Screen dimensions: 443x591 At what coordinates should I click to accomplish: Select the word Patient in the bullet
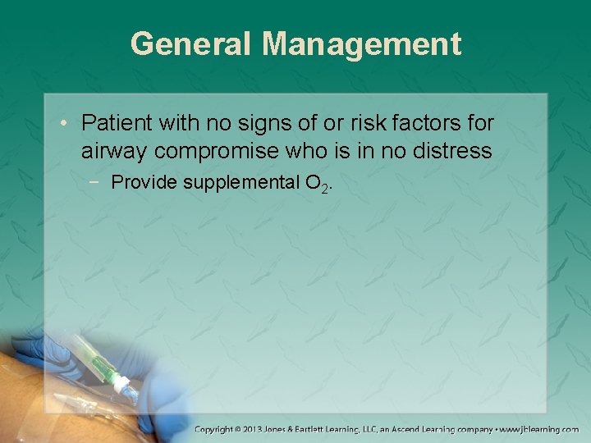click(115, 124)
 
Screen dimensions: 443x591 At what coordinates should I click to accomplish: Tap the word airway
click(114, 152)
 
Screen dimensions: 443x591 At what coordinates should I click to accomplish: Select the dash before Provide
click(98, 182)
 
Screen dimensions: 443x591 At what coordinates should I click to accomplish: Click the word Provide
click(144, 182)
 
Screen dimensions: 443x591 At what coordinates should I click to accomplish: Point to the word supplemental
click(241, 182)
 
